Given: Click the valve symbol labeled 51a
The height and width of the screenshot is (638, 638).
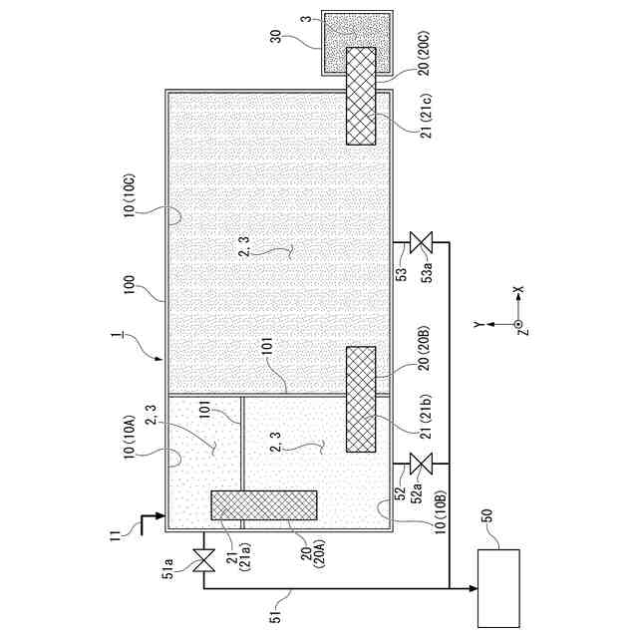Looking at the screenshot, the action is pos(203,560).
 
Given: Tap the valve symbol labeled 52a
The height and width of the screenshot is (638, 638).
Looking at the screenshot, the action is pos(421,464).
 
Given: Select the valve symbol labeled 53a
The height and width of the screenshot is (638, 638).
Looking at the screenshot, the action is pos(421,242).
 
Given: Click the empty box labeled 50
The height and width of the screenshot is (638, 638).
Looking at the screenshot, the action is pos(498,588).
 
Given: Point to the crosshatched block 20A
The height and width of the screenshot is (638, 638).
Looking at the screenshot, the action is pos(264,505).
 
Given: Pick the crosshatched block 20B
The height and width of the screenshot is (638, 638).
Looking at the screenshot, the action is pos(361,399).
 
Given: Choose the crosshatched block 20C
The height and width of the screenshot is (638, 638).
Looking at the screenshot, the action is pos(361,96).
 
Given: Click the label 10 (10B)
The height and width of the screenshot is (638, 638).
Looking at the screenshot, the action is pos(441,511).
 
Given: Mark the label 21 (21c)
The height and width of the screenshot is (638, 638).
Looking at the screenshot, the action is pos(427,117).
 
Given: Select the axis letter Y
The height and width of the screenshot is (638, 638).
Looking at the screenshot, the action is pos(478,324).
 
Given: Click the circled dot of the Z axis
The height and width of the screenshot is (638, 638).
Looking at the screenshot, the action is pos(517,324).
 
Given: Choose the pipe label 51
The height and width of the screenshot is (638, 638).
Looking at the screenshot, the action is pos(276,616).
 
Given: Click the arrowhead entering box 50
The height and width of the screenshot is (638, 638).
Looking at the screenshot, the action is pos(474,588).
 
